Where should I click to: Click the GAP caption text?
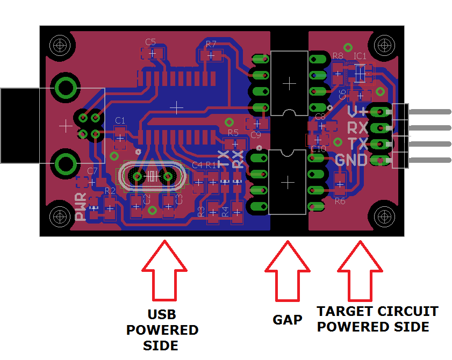tap(288, 320)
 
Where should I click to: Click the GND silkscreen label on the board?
tap(351, 160)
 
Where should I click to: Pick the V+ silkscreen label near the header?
tap(357, 112)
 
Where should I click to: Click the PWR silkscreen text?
tap(81, 208)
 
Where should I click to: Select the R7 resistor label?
tap(211, 44)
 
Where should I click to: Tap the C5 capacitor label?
tap(150, 41)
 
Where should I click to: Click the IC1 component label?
tap(360, 55)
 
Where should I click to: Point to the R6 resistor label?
tap(340, 201)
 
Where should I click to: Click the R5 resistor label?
tap(233, 132)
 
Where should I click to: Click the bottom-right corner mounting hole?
tap(385, 217)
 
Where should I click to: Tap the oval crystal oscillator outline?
tap(153, 176)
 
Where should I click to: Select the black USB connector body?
tap(19, 126)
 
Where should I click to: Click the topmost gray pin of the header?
tap(431, 112)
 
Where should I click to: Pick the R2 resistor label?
tap(110, 191)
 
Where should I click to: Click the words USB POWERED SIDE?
tap(162, 330)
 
